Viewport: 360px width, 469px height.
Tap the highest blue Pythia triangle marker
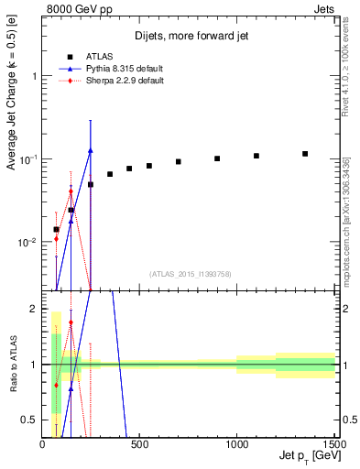coord(91,150)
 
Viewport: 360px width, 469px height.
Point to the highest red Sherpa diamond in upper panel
coord(71,191)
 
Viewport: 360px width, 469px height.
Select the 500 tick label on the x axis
coord(140,444)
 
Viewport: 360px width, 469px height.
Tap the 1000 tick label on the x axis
coord(237,444)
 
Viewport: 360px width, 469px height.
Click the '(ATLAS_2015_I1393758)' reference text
coord(191,273)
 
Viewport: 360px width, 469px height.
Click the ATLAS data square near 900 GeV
coord(217,158)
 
